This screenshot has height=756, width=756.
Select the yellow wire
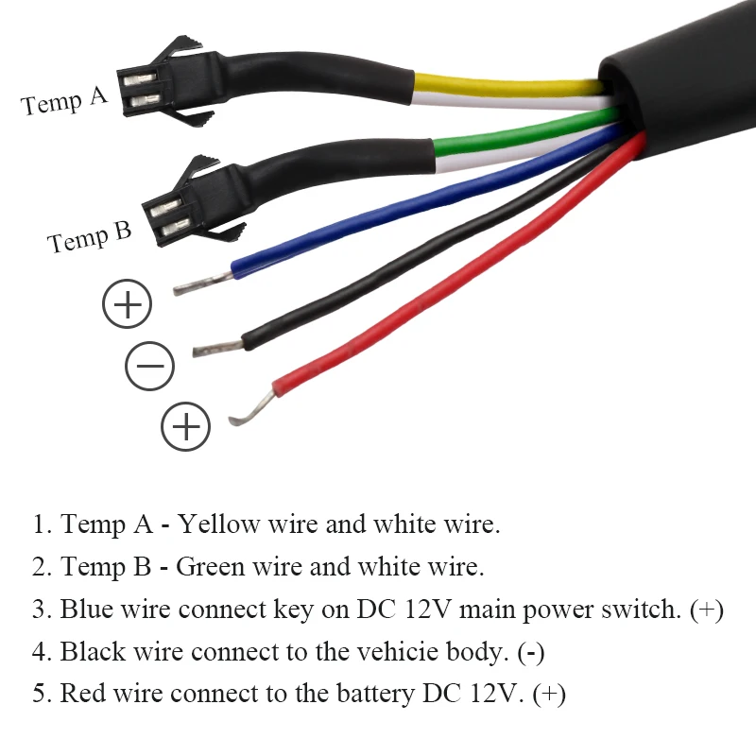click(x=510, y=84)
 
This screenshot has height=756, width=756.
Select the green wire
click(x=520, y=134)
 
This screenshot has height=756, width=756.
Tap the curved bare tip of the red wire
click(x=251, y=409)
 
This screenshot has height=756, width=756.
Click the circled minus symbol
click(x=149, y=366)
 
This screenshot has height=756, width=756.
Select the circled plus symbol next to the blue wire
click(x=127, y=304)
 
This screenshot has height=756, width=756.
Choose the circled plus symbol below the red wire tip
click(x=185, y=426)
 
